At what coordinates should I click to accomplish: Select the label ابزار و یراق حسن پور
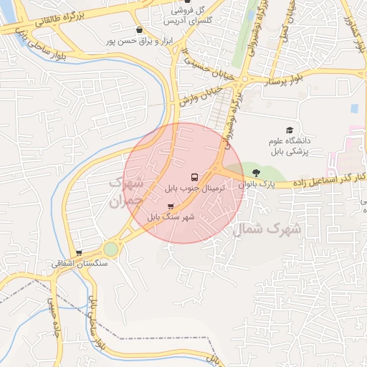[145, 42]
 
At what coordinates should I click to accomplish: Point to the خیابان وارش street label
[199, 97]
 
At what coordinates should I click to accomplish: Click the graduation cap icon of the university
[290, 130]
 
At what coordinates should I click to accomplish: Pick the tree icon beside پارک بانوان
[257, 172]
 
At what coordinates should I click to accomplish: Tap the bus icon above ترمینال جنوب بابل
[194, 177]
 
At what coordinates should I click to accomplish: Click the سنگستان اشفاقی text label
[79, 263]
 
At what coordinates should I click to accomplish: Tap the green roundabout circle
[110, 249]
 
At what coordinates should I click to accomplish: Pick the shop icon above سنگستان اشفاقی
[79, 253]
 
